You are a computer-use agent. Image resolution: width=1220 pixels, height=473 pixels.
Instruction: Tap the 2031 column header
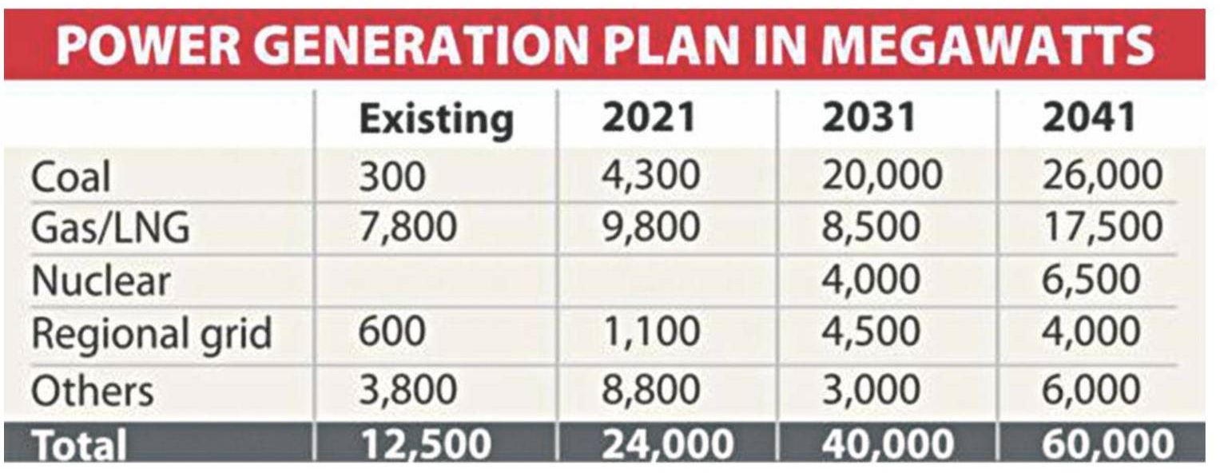869,117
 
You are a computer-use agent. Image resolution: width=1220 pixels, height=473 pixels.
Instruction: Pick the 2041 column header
1088,117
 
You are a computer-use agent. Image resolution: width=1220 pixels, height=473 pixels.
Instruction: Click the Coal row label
70,177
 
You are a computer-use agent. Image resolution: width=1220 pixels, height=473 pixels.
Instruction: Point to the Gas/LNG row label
110,229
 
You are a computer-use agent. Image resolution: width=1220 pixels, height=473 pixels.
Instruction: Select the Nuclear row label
101,281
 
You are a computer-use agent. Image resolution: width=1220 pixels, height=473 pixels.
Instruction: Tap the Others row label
92,391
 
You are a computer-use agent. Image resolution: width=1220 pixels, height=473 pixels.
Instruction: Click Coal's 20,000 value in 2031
882,177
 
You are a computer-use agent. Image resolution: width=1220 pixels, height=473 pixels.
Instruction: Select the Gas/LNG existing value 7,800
407,229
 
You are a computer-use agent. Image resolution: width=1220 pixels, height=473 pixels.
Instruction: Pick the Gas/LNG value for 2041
1102,229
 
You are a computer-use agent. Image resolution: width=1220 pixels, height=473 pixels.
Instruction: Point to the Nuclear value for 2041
1091,281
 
